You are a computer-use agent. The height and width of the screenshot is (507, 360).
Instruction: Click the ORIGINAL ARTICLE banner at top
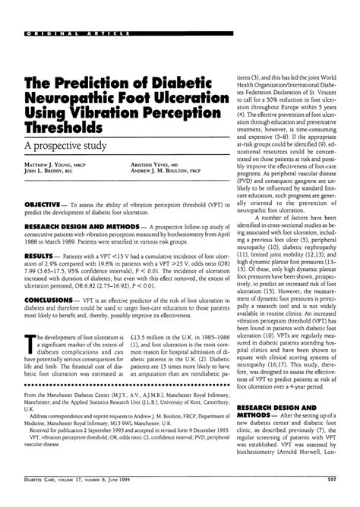[79, 34]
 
